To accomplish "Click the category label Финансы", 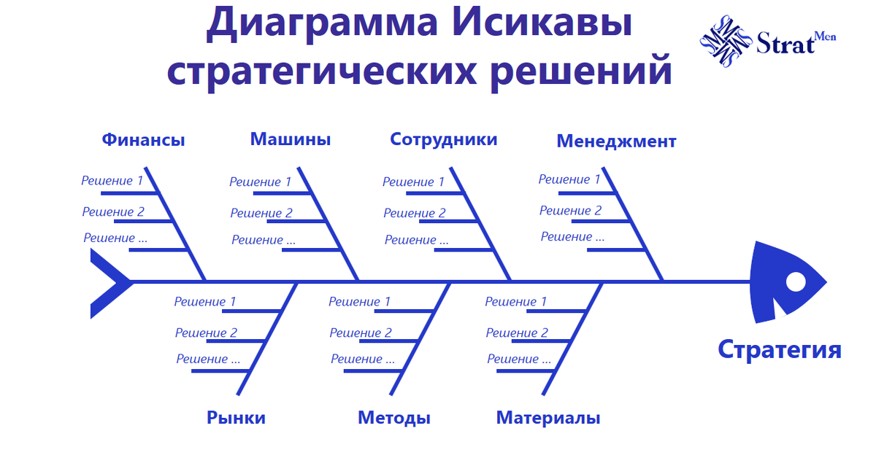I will (x=143, y=140).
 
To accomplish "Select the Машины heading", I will (x=291, y=139).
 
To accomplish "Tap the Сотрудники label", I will (x=444, y=139).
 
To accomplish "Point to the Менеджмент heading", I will (x=616, y=141).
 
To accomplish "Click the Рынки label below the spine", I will (x=236, y=418).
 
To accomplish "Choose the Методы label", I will (x=394, y=418).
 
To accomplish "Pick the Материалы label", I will (x=548, y=418).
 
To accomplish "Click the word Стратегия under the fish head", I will (x=779, y=349).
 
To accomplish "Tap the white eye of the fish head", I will (x=796, y=281).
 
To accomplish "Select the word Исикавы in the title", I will (x=535, y=24).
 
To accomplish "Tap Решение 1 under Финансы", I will (x=112, y=180).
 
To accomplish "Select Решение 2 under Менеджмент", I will (x=571, y=211).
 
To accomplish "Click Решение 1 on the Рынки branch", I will (x=205, y=301).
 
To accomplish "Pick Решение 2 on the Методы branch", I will (x=361, y=333).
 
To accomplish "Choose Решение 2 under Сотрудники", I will (x=415, y=213).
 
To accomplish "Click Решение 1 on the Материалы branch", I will (x=516, y=301).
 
